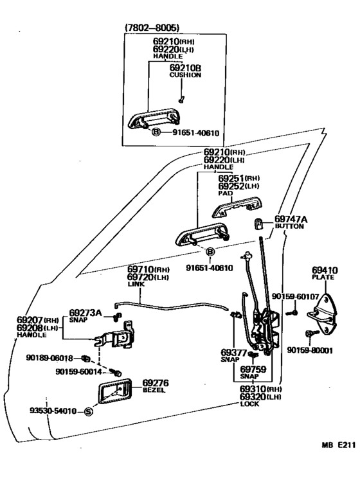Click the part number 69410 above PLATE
[325, 271]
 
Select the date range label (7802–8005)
[152, 28]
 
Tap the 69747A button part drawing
[259, 224]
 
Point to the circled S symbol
[88, 411]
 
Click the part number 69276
[156, 383]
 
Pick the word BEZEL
[154, 390]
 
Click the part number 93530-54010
[53, 411]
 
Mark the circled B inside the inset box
[156, 132]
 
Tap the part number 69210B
[185, 67]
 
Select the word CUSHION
[185, 75]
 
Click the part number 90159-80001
[309, 350]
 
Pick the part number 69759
[253, 369]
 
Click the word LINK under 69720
[136, 284]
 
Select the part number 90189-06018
[50, 357]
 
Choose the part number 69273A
[85, 313]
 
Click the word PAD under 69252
[225, 193]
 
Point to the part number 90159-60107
[295, 296]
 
